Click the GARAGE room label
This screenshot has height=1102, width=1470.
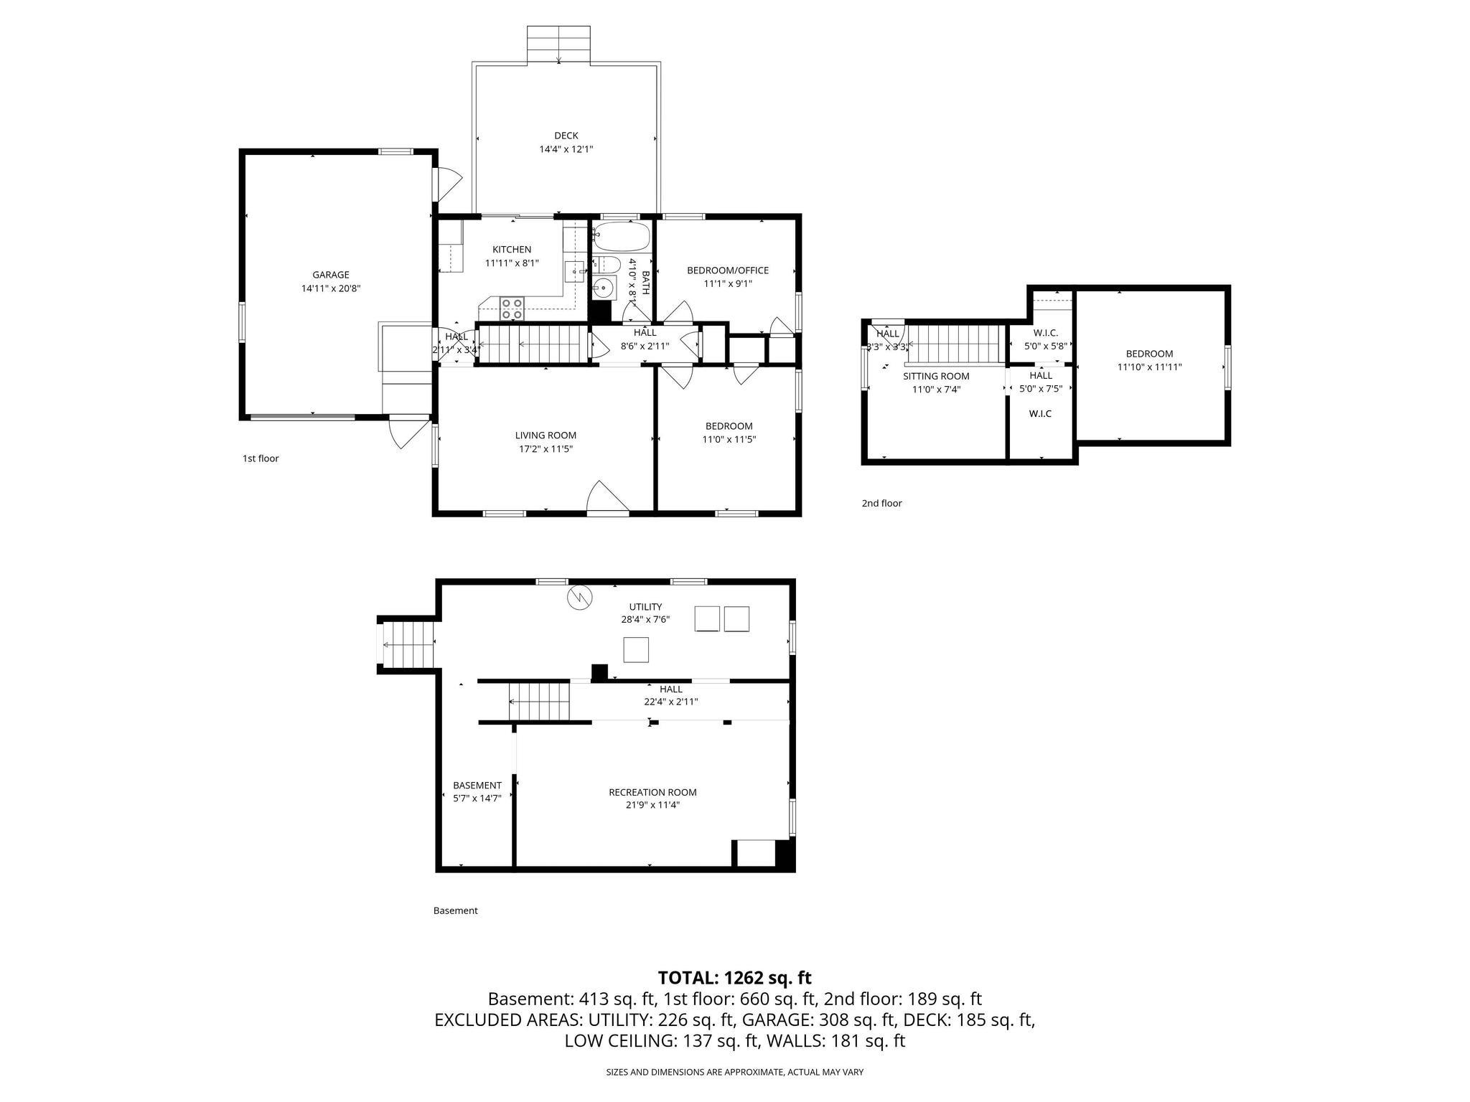point(330,275)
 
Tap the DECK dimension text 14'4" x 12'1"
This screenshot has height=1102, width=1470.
point(566,149)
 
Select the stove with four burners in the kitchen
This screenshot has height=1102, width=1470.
point(512,309)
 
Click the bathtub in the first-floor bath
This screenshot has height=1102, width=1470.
point(622,235)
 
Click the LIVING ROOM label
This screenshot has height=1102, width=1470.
point(546,435)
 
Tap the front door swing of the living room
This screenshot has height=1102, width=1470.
point(607,496)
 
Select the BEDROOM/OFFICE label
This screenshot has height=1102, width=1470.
point(727,270)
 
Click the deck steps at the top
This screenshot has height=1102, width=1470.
point(558,44)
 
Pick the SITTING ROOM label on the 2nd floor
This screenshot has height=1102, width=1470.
point(935,377)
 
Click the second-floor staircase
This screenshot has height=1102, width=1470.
point(955,344)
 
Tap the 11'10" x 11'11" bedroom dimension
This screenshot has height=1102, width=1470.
point(1149,367)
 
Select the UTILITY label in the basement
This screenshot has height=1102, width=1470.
point(645,607)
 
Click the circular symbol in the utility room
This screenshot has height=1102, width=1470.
point(579,598)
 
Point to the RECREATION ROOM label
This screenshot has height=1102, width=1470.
point(652,792)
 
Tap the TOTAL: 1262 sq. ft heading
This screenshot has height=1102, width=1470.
point(734,978)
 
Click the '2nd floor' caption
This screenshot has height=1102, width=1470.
point(881,504)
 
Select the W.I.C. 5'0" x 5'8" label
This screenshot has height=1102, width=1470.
point(1045,339)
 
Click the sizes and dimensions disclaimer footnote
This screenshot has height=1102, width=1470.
point(734,1072)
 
